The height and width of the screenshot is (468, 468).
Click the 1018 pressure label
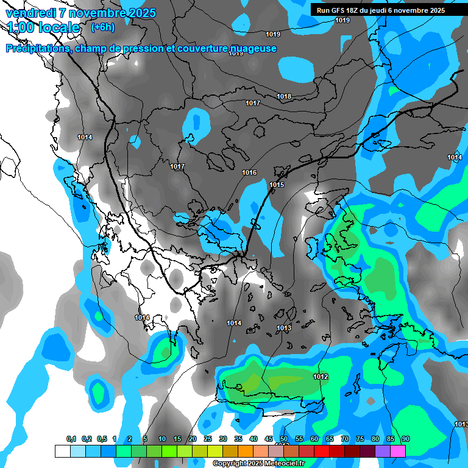pyautogui.click(x=284, y=96)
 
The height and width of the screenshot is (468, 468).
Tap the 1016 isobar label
pyautogui.click(x=249, y=172)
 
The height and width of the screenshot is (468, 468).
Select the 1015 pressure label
pyautogui.click(x=277, y=185)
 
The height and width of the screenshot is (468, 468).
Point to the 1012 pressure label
pyautogui.click(x=321, y=377)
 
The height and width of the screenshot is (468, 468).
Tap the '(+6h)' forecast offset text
pyautogui.click(x=102, y=27)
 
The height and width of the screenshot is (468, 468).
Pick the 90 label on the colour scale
pyautogui.click(x=406, y=439)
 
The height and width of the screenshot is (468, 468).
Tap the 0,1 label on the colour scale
pyautogui.click(x=71, y=439)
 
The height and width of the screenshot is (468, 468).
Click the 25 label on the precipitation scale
pyautogui.click(x=208, y=439)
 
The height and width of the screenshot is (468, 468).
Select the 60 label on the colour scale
pyautogui.click(x=314, y=439)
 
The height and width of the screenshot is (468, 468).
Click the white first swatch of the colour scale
pyautogui.click(x=62, y=451)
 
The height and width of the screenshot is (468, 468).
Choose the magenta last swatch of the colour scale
pyautogui.click(x=398, y=451)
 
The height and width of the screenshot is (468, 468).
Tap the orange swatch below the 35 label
pyautogui.click(x=246, y=451)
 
